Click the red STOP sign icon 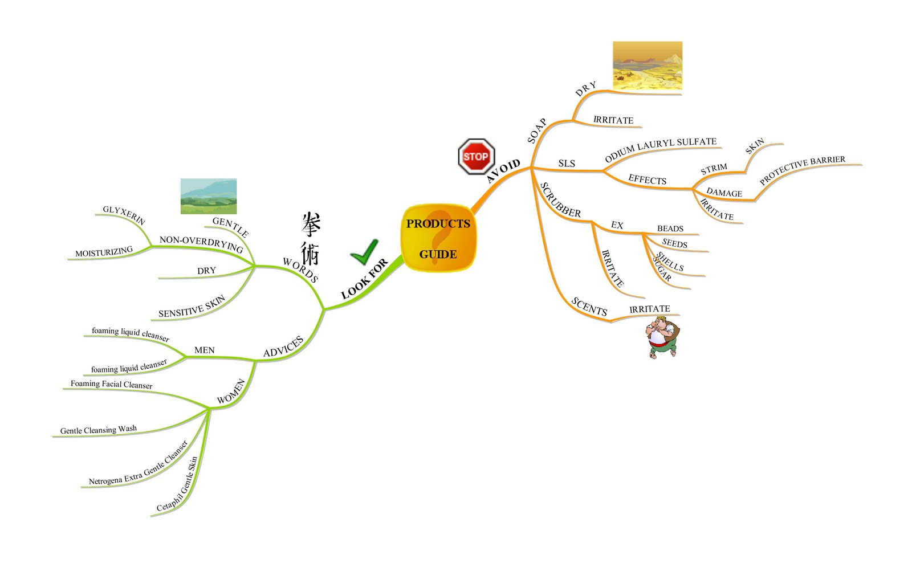[475, 156]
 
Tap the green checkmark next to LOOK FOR [364, 252]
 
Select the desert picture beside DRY [647, 66]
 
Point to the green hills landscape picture [209, 196]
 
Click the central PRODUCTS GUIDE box [438, 238]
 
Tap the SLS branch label [566, 164]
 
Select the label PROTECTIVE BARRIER [802, 169]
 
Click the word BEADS [670, 229]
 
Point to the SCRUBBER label [560, 200]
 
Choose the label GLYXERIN [124, 215]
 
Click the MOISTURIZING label [104, 251]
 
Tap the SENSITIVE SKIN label [192, 307]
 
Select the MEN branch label [204, 350]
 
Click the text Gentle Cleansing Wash [98, 430]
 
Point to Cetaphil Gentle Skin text [177, 484]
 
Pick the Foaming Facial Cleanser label [111, 384]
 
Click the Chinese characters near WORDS [311, 238]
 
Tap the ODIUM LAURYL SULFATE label [660, 149]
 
